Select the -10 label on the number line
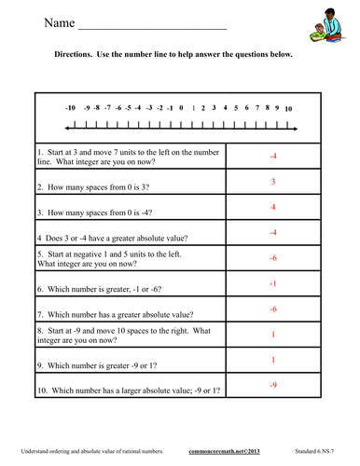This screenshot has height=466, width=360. (x=71, y=109)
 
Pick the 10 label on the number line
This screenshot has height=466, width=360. (x=288, y=109)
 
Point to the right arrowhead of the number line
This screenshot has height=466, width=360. (x=296, y=127)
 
